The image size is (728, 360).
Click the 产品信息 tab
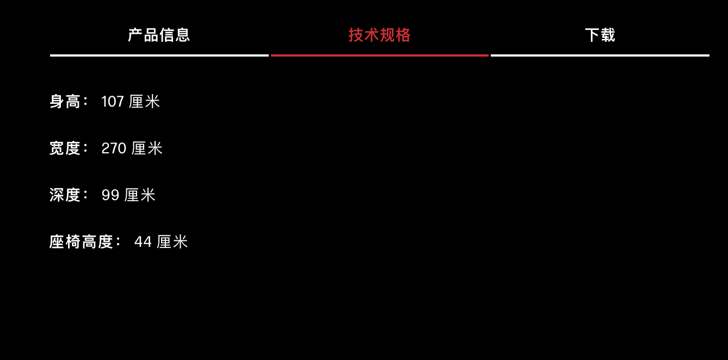[158, 35]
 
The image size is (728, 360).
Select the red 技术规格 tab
[380, 35]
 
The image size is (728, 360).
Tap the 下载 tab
[600, 35]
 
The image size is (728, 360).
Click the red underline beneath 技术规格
[380, 55]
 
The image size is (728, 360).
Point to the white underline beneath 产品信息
[159, 55]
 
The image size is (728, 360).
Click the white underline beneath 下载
[600, 55]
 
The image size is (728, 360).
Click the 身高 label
[65, 101]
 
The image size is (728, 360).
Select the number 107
[113, 102]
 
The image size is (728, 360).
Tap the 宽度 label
[65, 148]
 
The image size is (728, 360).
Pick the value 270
[114, 148]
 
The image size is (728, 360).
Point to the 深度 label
[65, 195]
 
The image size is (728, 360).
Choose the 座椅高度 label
[81, 242]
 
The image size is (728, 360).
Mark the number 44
[143, 242]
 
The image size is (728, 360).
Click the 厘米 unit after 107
[144, 101]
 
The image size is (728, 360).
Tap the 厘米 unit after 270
[147, 148]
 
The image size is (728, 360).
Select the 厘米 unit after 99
[140, 195]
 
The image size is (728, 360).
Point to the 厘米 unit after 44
[172, 242]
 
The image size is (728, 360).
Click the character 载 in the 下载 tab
[608, 35]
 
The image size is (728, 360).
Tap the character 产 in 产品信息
[135, 35]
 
